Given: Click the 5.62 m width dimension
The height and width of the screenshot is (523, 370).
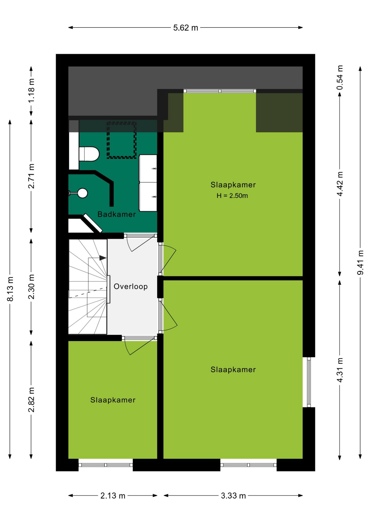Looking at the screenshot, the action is tap(186, 28).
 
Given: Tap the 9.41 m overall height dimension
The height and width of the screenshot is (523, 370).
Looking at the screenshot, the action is tap(360, 262).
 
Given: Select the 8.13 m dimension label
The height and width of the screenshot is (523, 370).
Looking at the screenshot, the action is tap(10, 289).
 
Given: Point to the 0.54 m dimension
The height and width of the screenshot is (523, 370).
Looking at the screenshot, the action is tap(340, 78).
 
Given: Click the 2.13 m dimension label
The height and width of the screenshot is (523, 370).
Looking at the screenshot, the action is tap(113, 495).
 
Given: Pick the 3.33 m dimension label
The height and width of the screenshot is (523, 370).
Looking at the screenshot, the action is tap(233, 495).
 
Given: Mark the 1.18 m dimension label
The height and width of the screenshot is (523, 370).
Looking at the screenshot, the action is tap(31, 91).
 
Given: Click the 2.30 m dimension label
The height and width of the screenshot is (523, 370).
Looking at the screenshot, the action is tap(31, 287).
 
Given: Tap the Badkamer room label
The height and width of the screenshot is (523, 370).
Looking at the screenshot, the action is tap(117, 214).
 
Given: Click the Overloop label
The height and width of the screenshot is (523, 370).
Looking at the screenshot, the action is tap(131, 287).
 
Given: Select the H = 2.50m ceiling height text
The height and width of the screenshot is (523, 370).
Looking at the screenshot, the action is tap(232, 196).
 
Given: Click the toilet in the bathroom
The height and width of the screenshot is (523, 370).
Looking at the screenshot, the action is tap(89, 154).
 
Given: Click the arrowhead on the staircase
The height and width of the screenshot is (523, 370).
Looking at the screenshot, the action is tap(103, 258).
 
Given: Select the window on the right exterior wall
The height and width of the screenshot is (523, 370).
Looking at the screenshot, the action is tap(309, 382).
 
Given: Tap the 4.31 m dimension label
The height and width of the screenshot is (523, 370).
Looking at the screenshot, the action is tap(340, 370).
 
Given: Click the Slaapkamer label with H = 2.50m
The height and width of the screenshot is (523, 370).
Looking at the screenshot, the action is tap(233, 185).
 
